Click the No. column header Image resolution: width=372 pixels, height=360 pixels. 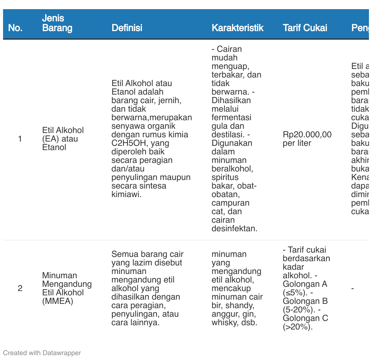click(15, 28)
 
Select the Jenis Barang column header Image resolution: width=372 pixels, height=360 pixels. click(57, 23)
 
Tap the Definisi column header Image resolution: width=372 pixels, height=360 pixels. click(127, 28)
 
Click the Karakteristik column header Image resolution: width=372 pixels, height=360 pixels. click(237, 28)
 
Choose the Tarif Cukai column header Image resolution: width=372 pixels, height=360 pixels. click(305, 28)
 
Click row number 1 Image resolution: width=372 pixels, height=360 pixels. click(20, 139)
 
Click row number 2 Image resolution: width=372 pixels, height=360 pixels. click(20, 288)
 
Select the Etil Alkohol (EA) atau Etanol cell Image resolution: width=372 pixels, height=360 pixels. click(63, 139)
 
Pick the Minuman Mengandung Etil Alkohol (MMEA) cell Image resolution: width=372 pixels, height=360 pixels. click(67, 288)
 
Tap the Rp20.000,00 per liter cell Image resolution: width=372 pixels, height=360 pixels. click(307, 139)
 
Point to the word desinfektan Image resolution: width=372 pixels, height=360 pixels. click(234, 229)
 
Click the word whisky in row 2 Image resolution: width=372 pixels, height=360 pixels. click(224, 322)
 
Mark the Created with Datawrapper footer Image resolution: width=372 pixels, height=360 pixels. click(42, 353)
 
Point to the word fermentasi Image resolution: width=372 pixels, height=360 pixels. click(231, 117)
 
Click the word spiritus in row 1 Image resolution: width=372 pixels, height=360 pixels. click(225, 177)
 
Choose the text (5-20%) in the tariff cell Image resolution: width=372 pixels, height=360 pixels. click(298, 310)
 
